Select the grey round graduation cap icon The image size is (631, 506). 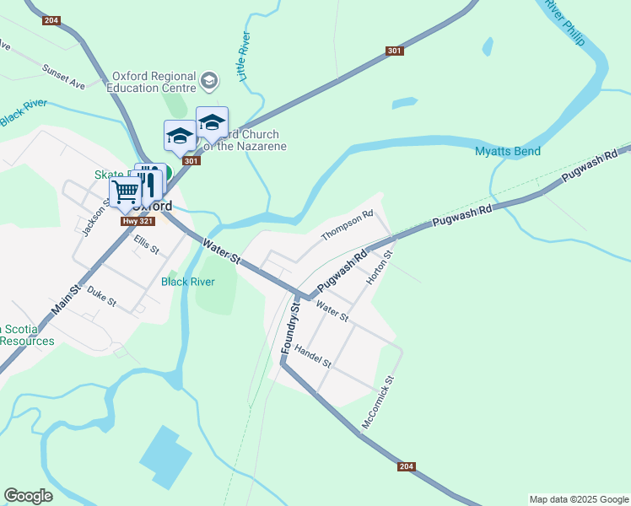(x=209, y=81)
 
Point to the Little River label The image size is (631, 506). (x=244, y=57)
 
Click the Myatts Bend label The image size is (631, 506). (x=506, y=152)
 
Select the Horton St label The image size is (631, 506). (x=379, y=266)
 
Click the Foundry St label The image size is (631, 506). (x=290, y=328)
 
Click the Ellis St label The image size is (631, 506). (x=147, y=245)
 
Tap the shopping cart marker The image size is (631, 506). (x=126, y=191)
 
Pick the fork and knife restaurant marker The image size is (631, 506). (x=148, y=180)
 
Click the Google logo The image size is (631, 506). (x=28, y=496)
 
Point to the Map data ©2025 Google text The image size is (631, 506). (x=578, y=499)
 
